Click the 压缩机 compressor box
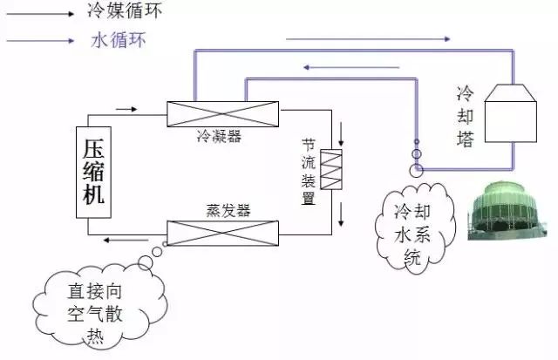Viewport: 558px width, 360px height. click(93, 171)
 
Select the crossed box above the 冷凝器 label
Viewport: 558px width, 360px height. click(222, 113)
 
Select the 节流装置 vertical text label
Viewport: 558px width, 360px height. click(308, 169)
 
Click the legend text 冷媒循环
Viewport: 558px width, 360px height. click(126, 12)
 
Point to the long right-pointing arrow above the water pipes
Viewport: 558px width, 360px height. click(367, 38)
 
